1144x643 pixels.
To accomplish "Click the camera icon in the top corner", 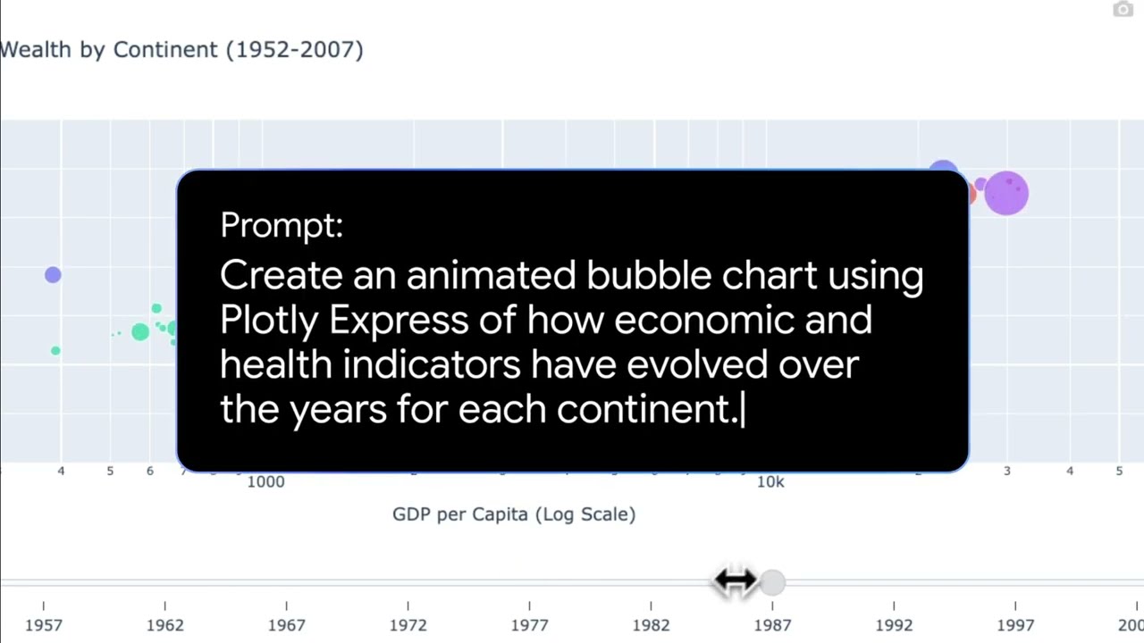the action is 1123,9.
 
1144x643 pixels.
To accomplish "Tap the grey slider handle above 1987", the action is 772,582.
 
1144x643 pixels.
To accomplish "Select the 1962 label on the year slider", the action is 165,625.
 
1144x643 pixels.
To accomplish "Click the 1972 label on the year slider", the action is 408,625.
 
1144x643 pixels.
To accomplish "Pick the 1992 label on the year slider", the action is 894,625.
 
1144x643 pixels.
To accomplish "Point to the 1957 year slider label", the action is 44,625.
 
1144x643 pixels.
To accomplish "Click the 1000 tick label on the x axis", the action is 265,481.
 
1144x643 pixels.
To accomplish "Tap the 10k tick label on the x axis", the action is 770,481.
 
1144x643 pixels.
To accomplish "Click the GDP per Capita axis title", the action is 514,514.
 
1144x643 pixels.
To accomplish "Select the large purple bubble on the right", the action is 1006,194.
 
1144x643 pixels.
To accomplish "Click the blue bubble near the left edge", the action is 53,274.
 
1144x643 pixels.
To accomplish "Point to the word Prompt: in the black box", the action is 282,225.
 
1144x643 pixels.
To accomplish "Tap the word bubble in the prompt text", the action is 649,275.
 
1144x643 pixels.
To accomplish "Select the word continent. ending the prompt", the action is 648,410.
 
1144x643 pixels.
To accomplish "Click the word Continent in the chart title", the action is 165,50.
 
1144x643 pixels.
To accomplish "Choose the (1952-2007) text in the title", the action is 295,50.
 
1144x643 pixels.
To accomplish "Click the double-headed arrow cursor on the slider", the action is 735,580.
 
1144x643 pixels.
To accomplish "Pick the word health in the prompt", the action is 276,364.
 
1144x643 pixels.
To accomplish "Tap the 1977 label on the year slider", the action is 530,625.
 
